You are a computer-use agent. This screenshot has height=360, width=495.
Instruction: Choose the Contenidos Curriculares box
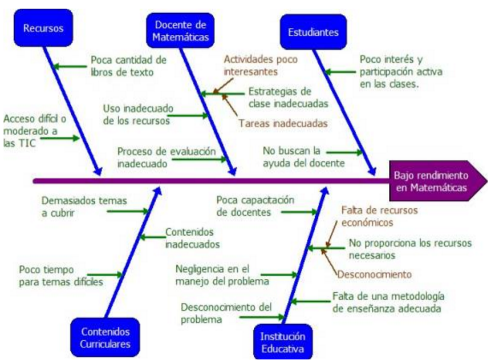[x=106, y=337]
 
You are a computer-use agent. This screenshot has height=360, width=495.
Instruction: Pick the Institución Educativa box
[x=279, y=342]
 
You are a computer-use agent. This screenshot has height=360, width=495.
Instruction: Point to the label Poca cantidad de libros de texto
[x=128, y=66]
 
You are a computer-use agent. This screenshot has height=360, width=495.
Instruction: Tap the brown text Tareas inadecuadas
[x=283, y=123]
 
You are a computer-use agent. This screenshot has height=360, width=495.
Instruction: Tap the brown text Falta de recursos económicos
[x=379, y=217]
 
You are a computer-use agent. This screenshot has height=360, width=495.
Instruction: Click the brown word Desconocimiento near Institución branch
[x=375, y=274]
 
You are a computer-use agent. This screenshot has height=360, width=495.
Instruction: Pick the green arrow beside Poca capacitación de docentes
[x=299, y=212]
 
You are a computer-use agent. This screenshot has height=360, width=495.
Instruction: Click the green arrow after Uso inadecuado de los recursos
[x=188, y=116]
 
